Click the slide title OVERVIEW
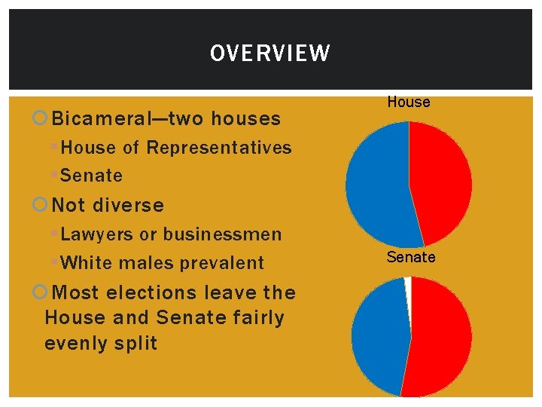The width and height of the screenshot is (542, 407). (269, 54)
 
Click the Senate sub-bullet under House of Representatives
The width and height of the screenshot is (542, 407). (91, 176)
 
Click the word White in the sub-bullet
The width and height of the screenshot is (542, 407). (84, 263)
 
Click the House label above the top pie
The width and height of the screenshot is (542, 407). (409, 103)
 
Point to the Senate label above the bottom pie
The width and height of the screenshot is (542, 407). (411, 258)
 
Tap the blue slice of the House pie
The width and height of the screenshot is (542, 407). (376, 188)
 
